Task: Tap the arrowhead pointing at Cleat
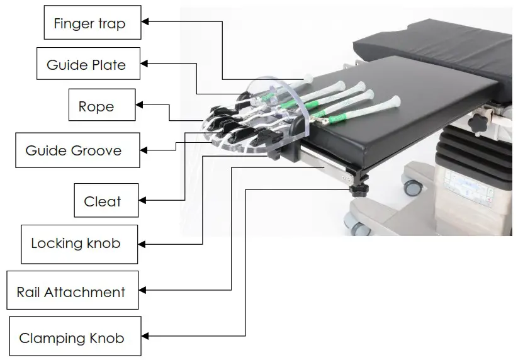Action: (x=143, y=200)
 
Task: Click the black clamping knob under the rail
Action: (x=360, y=190)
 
